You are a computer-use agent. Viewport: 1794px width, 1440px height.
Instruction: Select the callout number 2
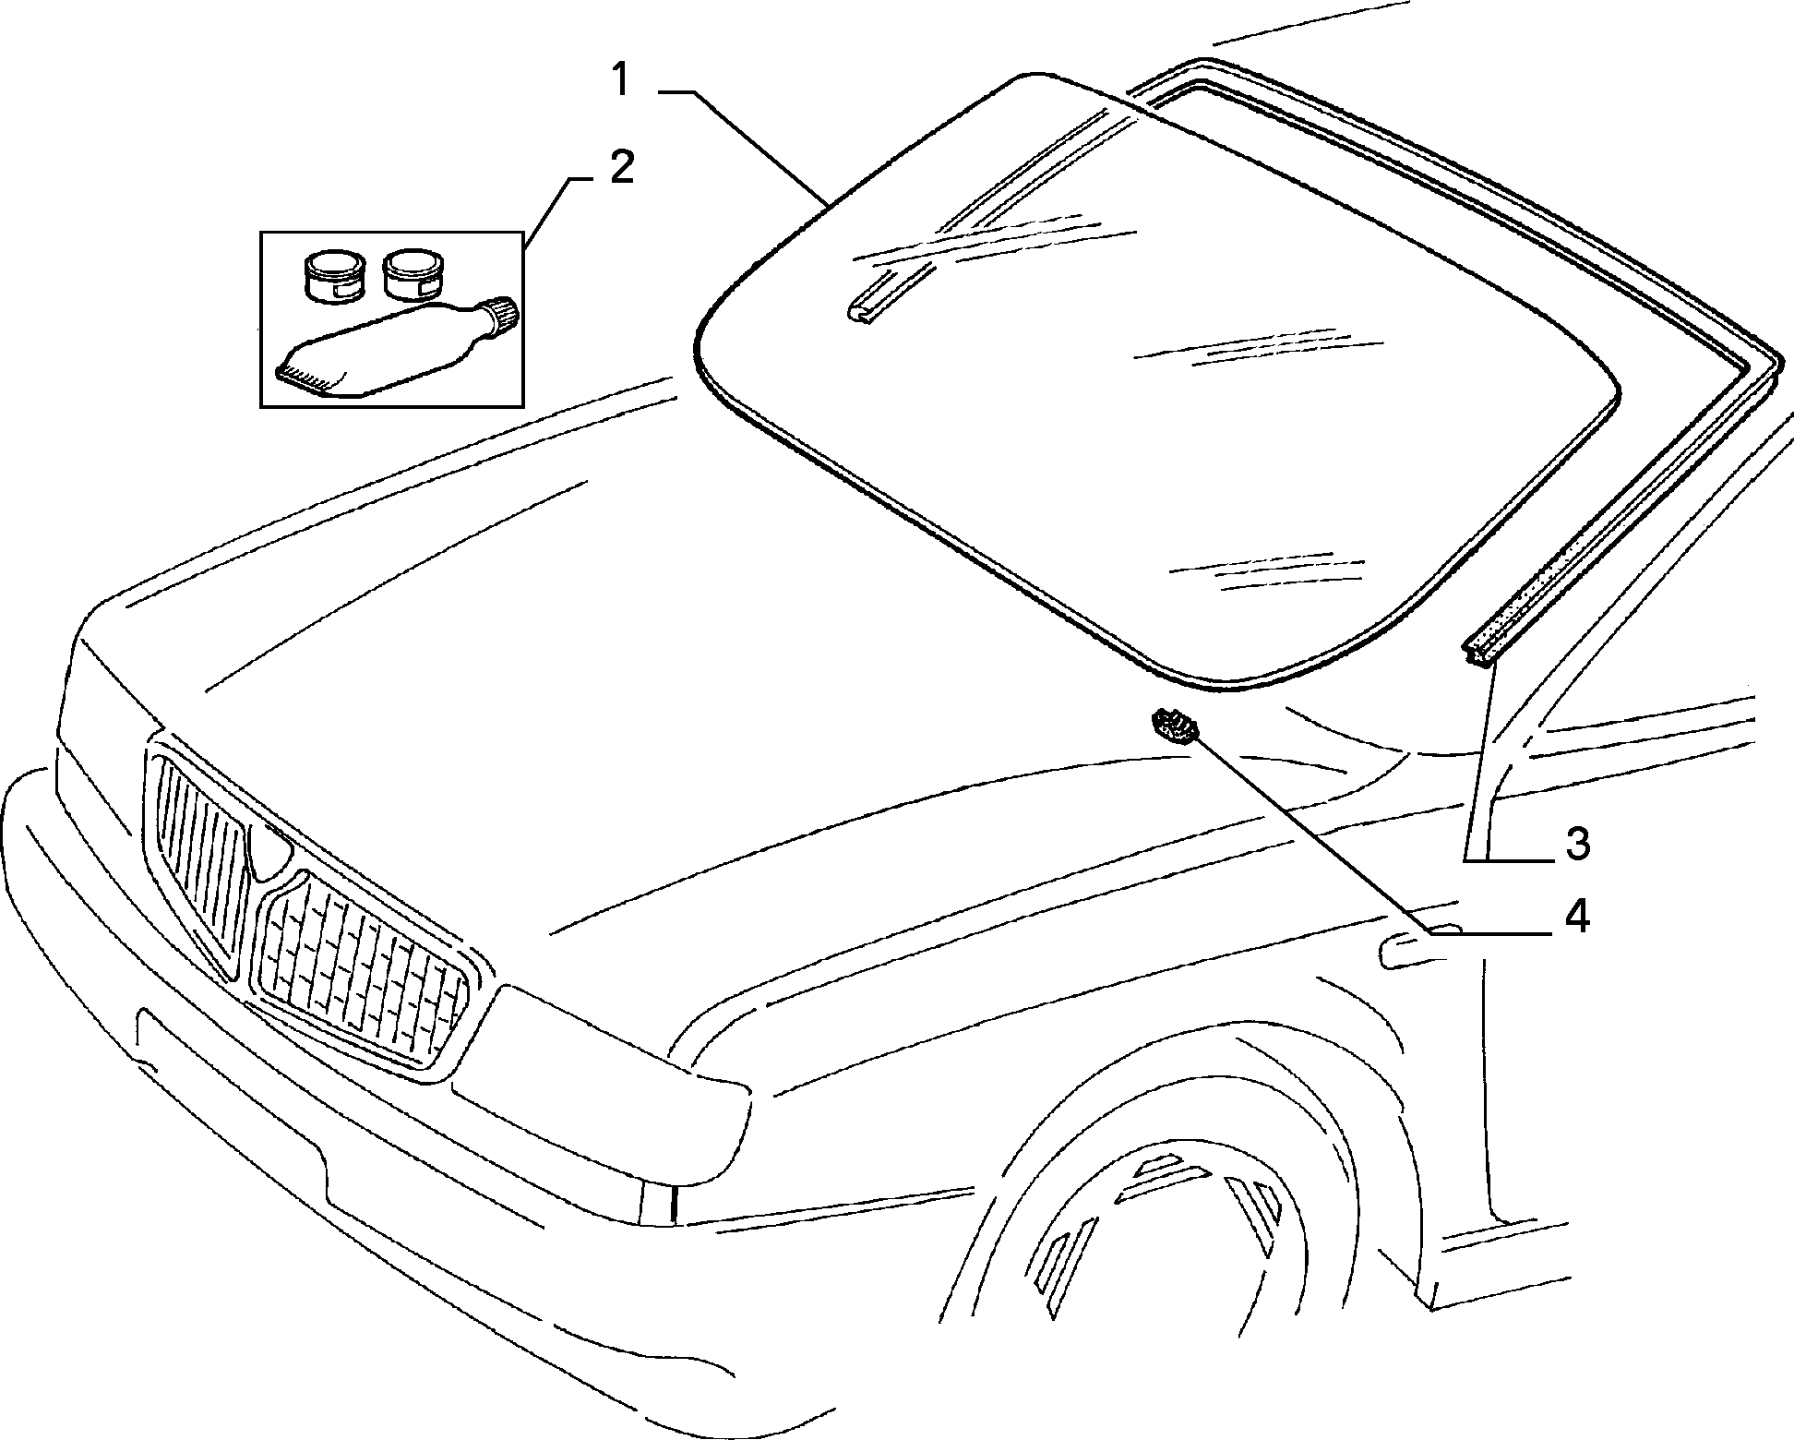(621, 168)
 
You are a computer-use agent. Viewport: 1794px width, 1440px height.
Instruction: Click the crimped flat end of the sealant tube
(304, 378)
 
